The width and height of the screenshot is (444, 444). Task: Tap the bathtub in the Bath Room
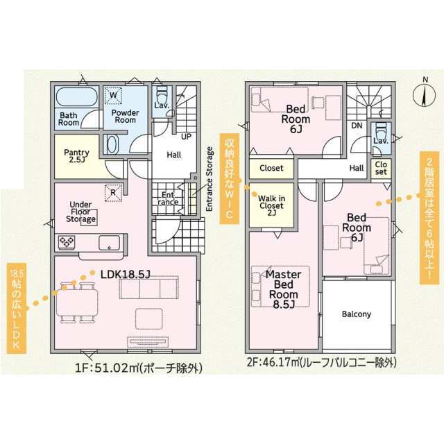[77, 96]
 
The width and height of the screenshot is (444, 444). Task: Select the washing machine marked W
[113, 95]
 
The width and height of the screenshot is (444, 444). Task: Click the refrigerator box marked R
[113, 193]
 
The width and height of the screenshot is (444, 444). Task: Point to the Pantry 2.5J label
[76, 155]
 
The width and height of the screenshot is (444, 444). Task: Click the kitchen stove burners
[67, 243]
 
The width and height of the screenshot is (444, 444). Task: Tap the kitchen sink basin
[110, 243]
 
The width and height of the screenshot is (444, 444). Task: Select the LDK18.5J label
[125, 274]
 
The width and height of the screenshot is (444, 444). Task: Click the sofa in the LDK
[149, 288]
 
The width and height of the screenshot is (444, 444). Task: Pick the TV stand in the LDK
[148, 342]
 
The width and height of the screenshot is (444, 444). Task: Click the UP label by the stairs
[186, 137]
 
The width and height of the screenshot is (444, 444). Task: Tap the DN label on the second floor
[357, 126]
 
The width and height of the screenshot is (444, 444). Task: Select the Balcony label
[357, 314]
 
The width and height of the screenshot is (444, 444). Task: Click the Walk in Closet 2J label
[271, 205]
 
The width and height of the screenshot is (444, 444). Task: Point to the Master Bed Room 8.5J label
[283, 289]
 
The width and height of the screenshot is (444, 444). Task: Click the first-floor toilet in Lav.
[162, 96]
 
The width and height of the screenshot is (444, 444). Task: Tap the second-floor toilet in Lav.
[381, 130]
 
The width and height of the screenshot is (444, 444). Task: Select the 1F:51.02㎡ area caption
[139, 368]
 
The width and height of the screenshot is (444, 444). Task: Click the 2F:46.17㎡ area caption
[321, 362]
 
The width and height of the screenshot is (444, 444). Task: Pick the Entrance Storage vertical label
[210, 179]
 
